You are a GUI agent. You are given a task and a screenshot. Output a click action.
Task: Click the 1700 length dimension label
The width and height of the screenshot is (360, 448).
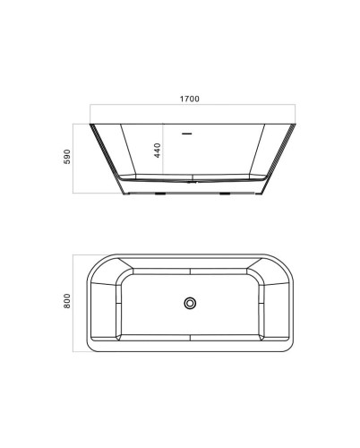coord(189,99)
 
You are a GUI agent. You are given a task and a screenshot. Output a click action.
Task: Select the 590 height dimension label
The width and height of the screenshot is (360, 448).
coord(67,157)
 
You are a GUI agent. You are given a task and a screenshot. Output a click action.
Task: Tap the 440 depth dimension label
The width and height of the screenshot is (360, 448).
coord(158,151)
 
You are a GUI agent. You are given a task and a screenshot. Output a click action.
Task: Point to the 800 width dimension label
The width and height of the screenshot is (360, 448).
coord(67,301)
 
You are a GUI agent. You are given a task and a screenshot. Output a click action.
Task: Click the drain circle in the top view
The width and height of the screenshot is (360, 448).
coord(190,303)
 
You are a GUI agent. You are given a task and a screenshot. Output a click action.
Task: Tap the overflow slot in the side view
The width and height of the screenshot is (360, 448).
coord(187,134)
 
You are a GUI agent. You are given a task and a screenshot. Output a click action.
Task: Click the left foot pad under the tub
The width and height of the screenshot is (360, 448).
coord(160,194)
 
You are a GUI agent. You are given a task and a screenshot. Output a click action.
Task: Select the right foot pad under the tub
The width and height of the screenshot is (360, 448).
coord(225,194)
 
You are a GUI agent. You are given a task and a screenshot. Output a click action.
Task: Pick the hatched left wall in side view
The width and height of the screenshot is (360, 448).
coord(107,159)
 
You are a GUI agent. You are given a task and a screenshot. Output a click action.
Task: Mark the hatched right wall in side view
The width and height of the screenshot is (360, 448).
coord(279,159)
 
